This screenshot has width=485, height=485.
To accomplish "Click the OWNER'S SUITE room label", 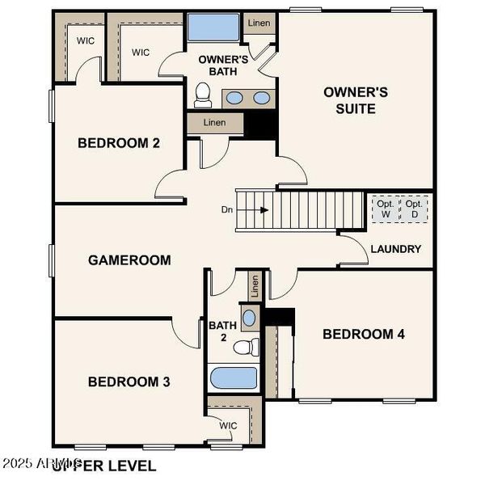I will point(356,100).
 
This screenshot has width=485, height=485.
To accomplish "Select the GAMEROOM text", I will point(129,260).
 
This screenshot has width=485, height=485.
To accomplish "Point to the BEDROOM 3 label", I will point(129,382).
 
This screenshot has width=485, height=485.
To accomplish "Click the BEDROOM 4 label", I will point(363,334).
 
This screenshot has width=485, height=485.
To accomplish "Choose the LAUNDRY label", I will point(396,249).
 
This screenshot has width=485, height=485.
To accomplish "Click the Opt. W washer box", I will point(385,209).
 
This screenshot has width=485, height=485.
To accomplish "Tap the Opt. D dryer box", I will point(415,209).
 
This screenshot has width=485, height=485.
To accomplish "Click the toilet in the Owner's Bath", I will point(203,95).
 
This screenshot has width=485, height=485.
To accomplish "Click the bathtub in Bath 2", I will point(234,378).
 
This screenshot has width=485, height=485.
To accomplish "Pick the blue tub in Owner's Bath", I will point(213,27).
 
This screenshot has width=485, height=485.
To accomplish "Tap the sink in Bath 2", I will point(249,317).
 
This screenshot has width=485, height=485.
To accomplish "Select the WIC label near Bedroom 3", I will point(228,425).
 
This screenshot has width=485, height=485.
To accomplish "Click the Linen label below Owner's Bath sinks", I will point(214,123).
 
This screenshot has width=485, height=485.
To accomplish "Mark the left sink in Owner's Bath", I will point(234,99).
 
